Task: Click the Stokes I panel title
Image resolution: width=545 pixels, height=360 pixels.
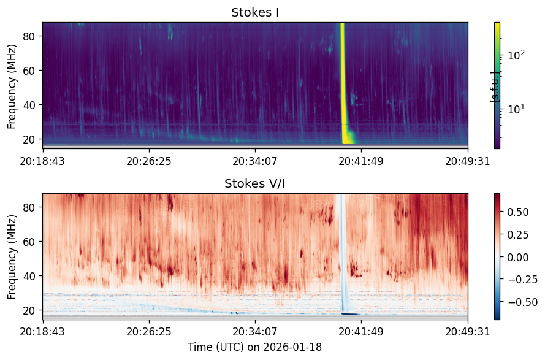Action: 255,12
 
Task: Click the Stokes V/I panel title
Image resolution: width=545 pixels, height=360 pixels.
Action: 255,183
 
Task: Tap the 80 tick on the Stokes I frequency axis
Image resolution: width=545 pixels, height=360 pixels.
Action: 28,36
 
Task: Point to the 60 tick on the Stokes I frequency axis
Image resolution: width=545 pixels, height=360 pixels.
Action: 28,71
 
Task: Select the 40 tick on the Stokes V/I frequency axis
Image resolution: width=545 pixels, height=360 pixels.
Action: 28,276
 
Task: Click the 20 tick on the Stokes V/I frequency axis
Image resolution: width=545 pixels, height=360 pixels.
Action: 28,310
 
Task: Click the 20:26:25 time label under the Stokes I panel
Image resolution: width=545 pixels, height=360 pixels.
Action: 149,161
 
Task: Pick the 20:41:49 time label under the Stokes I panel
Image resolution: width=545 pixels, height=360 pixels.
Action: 361,161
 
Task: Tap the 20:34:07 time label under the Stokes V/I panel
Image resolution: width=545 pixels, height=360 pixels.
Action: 255,332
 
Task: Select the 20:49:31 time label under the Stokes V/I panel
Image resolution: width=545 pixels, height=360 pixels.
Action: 468,332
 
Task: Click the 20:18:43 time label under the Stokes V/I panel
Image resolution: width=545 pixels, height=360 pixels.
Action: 42,332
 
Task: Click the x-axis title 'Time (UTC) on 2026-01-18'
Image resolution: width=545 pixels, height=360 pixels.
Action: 255,347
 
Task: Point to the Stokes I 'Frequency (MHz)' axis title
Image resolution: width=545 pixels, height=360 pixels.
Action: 12,86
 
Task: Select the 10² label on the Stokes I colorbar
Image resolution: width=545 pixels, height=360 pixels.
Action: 516,55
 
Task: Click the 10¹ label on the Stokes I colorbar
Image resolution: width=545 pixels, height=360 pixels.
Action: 516,109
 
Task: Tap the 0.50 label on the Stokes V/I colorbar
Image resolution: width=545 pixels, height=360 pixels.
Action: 518,212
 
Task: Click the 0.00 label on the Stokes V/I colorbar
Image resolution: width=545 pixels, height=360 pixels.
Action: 518,257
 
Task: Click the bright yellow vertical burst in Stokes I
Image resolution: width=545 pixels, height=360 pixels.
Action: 343,83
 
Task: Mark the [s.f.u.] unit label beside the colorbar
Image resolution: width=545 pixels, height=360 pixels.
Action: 494,87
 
